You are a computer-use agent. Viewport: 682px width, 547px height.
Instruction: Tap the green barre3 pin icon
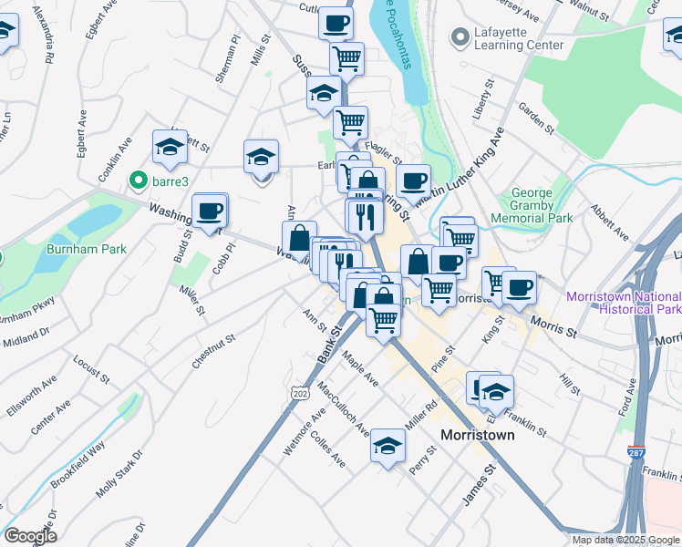[139, 181]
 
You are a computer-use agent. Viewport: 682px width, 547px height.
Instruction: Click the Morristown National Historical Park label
[623, 302]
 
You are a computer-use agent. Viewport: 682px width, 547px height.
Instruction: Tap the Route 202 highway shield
[298, 392]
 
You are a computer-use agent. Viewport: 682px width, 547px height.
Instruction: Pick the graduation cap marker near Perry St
[387, 448]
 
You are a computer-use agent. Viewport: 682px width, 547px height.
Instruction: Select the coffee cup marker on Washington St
[209, 212]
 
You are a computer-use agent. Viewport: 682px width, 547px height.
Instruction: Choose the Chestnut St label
[213, 351]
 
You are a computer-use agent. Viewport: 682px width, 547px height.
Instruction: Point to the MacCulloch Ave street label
[344, 409]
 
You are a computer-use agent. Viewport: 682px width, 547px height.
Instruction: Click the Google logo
[30, 536]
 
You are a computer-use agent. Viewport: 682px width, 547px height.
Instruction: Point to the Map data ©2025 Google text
[625, 540]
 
